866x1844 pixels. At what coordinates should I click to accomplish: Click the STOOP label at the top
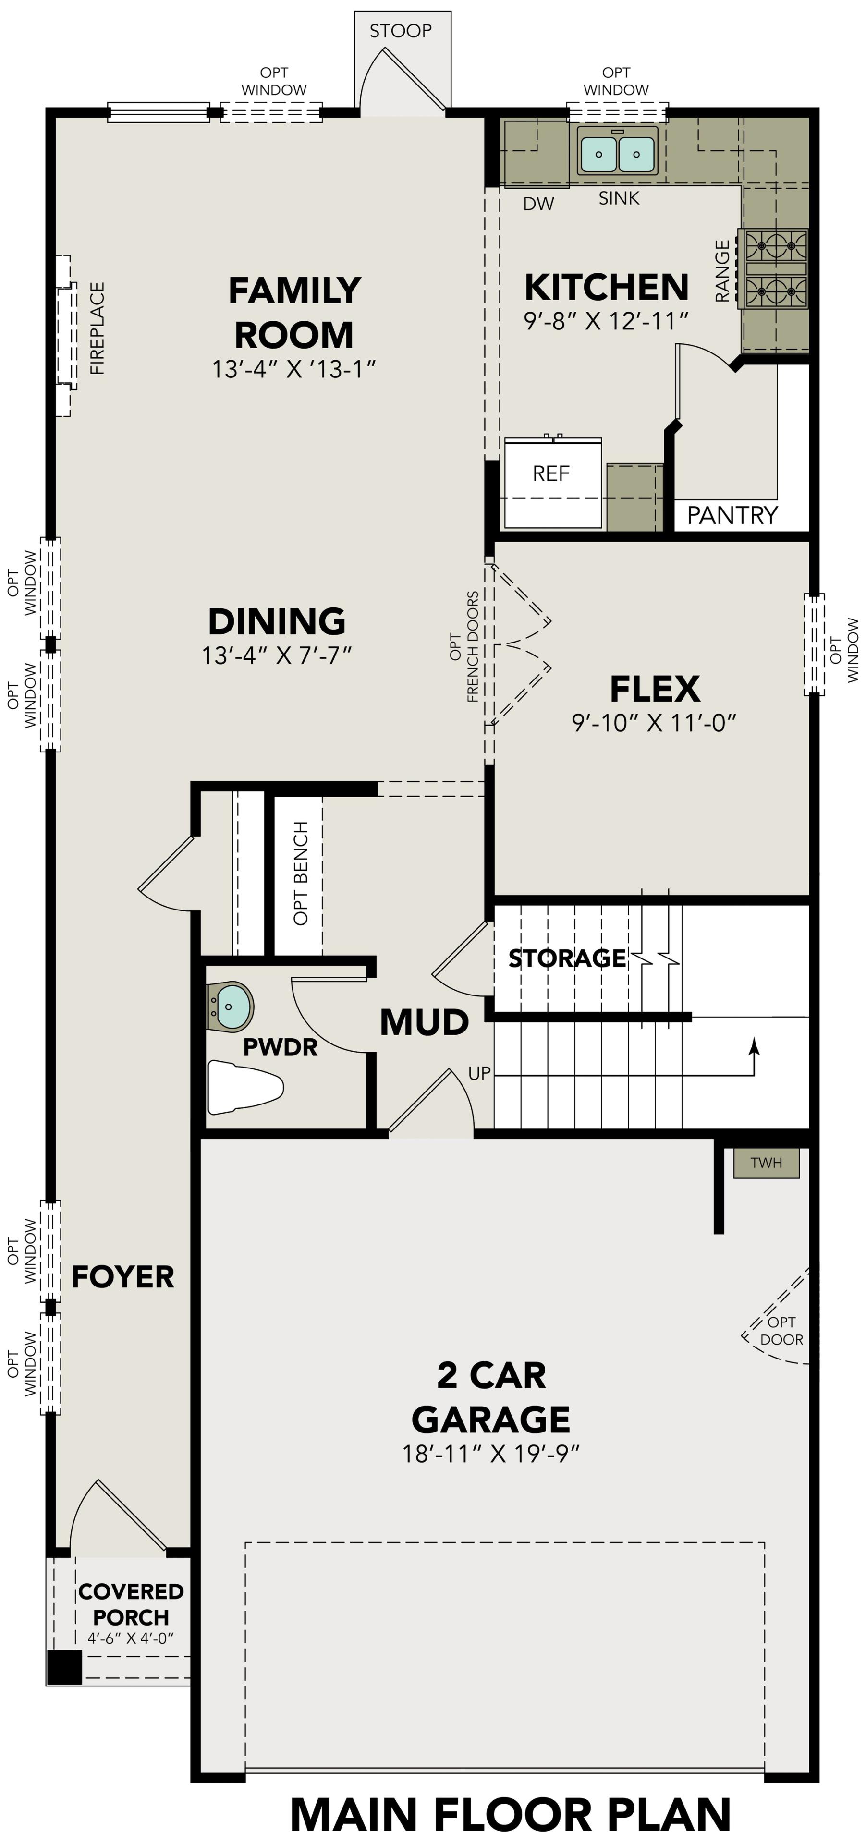click(x=400, y=31)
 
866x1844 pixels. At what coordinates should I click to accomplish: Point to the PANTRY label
click(x=732, y=515)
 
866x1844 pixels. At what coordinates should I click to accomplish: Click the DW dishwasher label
click(x=538, y=204)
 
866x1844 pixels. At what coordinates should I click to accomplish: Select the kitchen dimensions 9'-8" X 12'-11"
click(x=606, y=321)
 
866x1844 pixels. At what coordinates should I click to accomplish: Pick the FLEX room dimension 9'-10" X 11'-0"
click(x=653, y=723)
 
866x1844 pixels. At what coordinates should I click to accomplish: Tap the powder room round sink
click(x=231, y=1006)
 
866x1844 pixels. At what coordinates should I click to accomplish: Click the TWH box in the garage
click(x=766, y=1163)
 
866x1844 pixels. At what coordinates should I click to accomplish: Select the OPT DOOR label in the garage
click(x=781, y=1331)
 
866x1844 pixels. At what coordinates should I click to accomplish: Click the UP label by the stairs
click(x=479, y=1073)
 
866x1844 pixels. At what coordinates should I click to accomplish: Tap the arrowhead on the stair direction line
click(x=754, y=1046)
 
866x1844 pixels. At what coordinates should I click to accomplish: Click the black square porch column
click(x=64, y=1667)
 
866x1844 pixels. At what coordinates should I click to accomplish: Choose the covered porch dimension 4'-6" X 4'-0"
click(x=131, y=1638)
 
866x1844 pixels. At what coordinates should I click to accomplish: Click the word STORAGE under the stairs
click(x=567, y=958)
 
